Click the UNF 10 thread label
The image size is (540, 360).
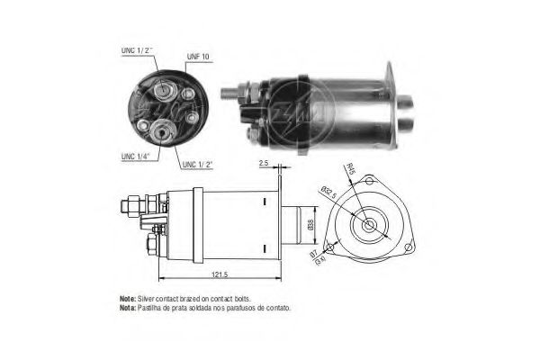pos(198,58)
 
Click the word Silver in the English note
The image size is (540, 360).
pos(148,297)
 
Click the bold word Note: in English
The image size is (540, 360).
pos(128,297)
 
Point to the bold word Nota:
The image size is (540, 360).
pos(128,307)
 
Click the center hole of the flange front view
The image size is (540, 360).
pos(369,223)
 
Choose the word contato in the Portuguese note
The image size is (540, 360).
pos(281,307)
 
